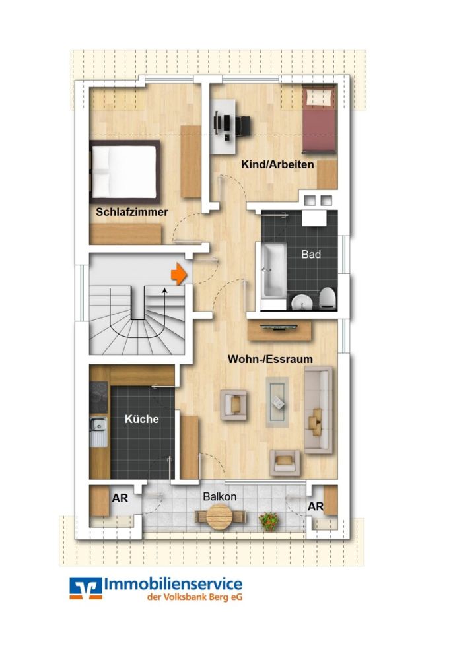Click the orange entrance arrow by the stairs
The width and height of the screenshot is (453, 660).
(x=177, y=273)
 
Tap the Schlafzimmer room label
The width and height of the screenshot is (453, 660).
(x=132, y=213)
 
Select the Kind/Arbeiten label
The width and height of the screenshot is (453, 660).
(x=277, y=164)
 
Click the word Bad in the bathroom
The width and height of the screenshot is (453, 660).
(x=311, y=254)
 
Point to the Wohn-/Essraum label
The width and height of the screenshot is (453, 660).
(x=270, y=359)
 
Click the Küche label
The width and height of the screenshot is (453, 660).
(x=142, y=419)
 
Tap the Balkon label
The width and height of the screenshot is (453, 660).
(x=220, y=496)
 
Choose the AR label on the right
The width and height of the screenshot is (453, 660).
(x=316, y=507)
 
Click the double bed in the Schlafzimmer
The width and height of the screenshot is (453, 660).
(x=125, y=172)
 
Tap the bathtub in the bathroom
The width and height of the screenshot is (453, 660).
(x=272, y=271)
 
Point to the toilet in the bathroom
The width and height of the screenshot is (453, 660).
(x=328, y=300)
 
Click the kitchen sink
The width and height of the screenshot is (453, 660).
(x=98, y=432)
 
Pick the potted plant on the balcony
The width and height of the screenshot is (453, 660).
(x=269, y=521)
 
